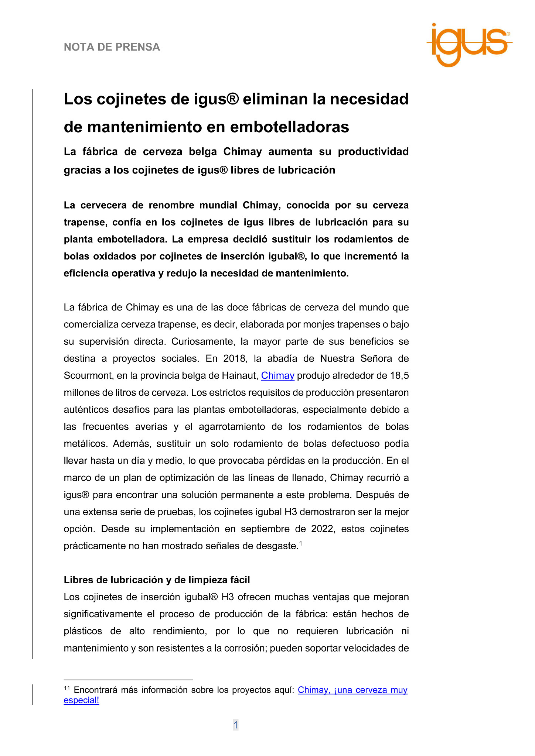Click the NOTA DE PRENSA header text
[x=112, y=47]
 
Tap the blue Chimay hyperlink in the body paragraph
[x=277, y=375]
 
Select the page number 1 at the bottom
[x=236, y=725]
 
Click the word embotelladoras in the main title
[x=289, y=127]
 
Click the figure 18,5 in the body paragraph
[x=399, y=375]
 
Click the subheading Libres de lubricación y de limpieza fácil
[x=157, y=580]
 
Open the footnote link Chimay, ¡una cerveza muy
[x=352, y=690]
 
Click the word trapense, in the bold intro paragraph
[x=85, y=222]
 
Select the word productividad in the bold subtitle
[x=373, y=152]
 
